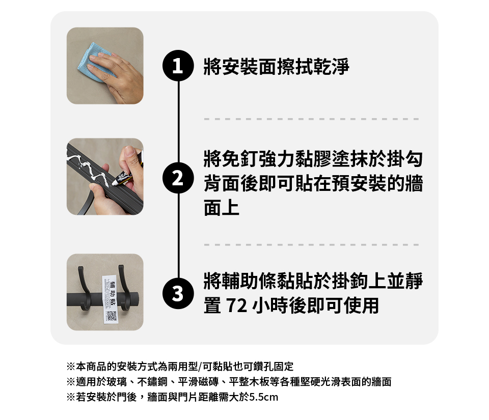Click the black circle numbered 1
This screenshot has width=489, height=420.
pos(178,66)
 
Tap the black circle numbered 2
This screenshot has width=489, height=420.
pos(178,178)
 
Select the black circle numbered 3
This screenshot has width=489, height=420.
pos(178,293)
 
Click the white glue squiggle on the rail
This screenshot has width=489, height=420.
pos(91,170)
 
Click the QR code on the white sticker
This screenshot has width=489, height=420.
pos(112,316)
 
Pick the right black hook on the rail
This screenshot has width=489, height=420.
pos(125,288)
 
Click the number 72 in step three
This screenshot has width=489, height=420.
pos(236,305)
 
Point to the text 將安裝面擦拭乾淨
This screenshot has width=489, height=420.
pos(276,66)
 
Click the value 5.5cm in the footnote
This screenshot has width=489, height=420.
pos(263,397)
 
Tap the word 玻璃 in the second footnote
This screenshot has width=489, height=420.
pos(117,382)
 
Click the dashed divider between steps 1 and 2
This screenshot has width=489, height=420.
pos(311,119)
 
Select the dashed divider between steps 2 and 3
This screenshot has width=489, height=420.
pos(311,245)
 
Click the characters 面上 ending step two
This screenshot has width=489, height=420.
pos(222,208)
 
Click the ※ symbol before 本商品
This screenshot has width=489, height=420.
pos(71,367)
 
